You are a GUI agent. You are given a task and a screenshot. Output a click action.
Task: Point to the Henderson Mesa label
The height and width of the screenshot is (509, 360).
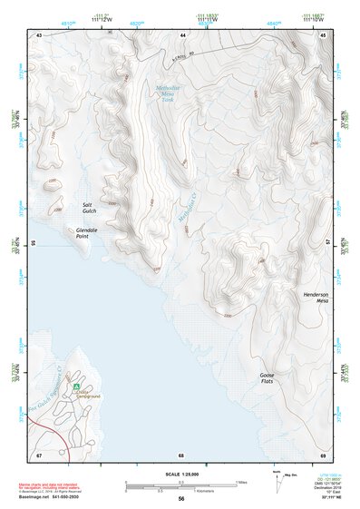(x=315, y=299)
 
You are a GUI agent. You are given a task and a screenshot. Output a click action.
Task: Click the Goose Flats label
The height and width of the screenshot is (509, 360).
(x=267, y=378)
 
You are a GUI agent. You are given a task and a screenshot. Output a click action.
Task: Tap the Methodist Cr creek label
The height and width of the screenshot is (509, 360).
(x=186, y=214)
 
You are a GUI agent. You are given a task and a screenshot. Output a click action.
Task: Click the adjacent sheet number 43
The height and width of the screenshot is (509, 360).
(x=39, y=34)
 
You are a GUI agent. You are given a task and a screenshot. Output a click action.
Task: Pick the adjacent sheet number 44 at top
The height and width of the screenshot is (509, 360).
(x=181, y=34)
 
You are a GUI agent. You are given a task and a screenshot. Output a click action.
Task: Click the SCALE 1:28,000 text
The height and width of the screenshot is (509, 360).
(x=181, y=475)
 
